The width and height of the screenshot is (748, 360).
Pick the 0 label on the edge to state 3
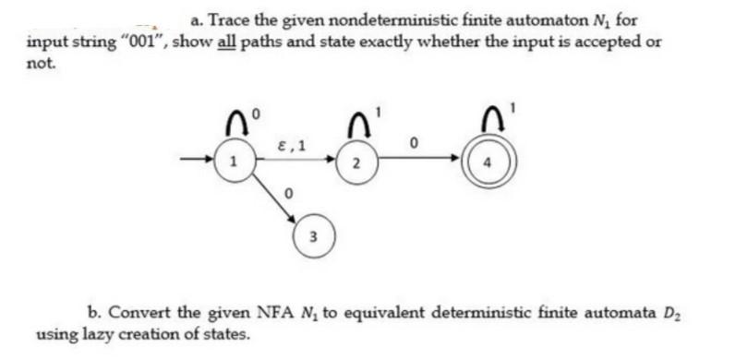coord(288,195)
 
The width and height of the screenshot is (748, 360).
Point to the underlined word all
coord(226,42)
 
